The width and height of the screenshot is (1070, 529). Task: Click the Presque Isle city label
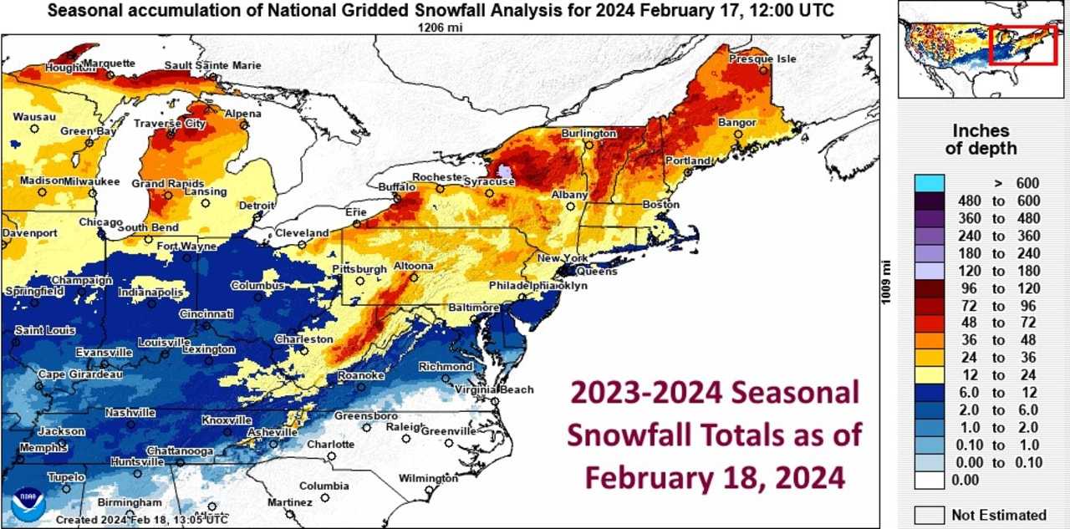(762, 59)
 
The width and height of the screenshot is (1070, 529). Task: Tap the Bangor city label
(736, 123)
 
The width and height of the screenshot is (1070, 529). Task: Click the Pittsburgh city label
(359, 269)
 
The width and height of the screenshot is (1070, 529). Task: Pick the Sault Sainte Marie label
(212, 65)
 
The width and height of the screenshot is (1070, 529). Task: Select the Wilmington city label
(429, 479)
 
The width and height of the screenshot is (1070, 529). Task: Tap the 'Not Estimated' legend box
(930, 515)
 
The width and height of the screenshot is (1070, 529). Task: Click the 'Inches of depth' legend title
(981, 140)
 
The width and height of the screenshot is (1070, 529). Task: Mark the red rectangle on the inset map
(1024, 44)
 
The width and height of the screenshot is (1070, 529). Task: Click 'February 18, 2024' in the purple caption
(714, 477)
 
